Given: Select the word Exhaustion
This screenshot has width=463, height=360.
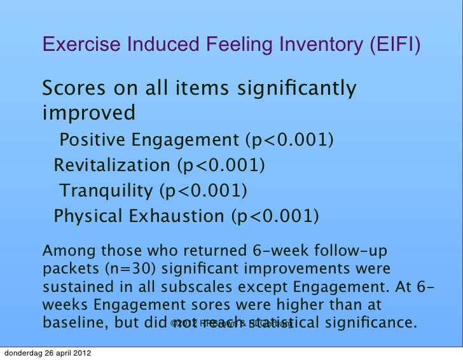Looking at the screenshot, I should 177,216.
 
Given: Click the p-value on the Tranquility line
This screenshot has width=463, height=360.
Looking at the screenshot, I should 203,191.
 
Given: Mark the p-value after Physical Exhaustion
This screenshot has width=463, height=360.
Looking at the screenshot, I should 275,216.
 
